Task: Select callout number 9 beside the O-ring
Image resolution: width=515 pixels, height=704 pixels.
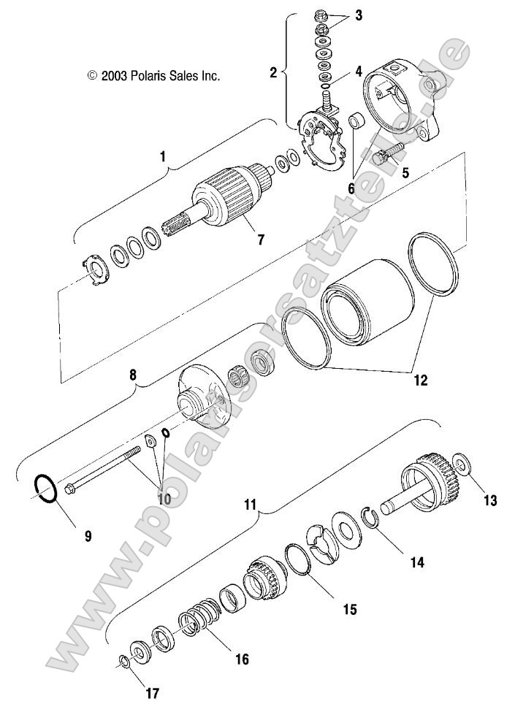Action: (x=88, y=535)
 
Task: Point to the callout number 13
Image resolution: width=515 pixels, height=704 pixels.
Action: (x=489, y=500)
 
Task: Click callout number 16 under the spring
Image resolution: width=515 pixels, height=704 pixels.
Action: (x=240, y=659)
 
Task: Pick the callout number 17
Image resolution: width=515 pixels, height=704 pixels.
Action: (x=152, y=693)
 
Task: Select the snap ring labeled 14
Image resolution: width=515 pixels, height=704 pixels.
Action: (x=373, y=519)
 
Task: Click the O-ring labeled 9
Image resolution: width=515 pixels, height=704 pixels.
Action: (x=45, y=489)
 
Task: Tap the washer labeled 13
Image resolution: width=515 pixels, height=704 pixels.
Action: (x=462, y=462)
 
